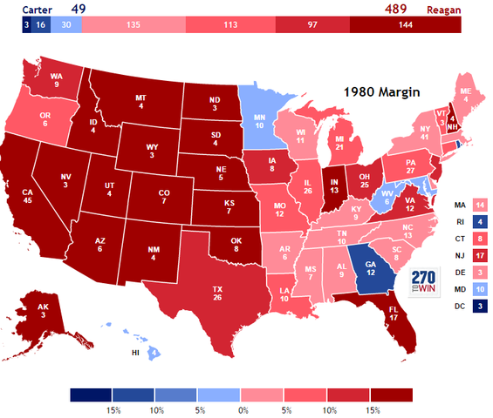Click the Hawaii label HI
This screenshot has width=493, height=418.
[135, 354]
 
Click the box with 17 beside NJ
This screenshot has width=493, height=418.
[479, 254]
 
